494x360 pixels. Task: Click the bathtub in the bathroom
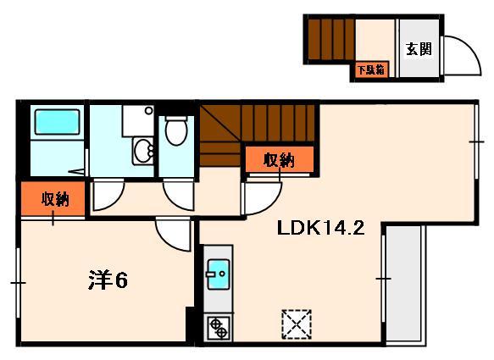tap(57, 122)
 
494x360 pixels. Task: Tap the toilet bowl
tap(175, 131)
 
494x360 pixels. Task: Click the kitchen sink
tap(218, 274)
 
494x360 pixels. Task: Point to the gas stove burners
tap(218, 326)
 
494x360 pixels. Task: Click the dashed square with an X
tap(296, 324)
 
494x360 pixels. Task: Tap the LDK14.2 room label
tap(321, 228)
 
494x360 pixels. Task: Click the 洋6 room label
tap(108, 280)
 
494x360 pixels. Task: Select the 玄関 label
tap(418, 48)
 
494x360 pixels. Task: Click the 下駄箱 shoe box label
tap(370, 70)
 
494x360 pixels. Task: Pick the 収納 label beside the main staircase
tap(278, 158)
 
